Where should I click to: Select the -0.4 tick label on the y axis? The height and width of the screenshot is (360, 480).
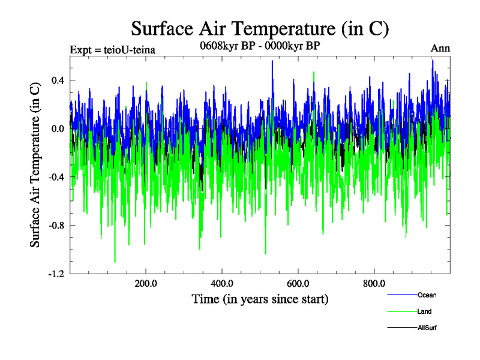pyautogui.click(x=56, y=177)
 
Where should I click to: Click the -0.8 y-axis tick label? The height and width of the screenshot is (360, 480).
pyautogui.click(x=56, y=226)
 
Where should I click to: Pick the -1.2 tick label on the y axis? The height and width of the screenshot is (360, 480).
pyautogui.click(x=56, y=274)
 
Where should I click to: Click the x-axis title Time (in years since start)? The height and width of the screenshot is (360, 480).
pyautogui.click(x=260, y=298)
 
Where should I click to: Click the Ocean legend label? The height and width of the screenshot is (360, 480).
pyautogui.click(x=427, y=295)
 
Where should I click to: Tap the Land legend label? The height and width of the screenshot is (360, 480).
pyautogui.click(x=424, y=311)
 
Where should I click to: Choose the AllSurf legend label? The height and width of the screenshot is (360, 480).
pyautogui.click(x=427, y=328)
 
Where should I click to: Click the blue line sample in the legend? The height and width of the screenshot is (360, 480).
pyautogui.click(x=402, y=295)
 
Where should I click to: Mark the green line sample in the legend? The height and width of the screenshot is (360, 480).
pyautogui.click(x=402, y=311)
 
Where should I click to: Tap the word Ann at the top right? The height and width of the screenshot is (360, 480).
pyautogui.click(x=440, y=48)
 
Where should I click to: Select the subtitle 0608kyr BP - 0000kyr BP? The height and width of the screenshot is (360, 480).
pyautogui.click(x=260, y=46)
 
